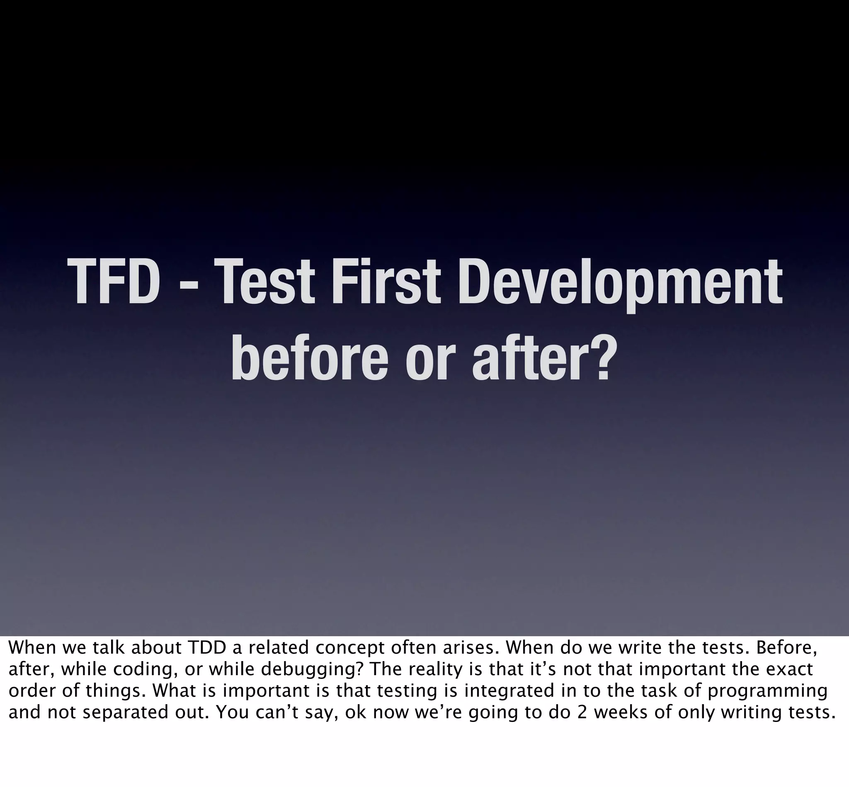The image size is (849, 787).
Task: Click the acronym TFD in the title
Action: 113,282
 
